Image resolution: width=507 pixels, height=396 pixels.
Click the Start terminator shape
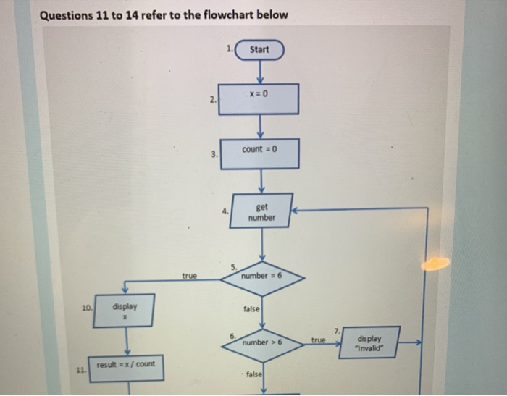tap(259, 49)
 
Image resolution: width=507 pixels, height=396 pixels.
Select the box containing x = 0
tap(259, 98)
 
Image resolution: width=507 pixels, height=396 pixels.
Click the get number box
tap(261, 212)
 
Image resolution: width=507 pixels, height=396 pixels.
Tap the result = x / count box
tap(126, 366)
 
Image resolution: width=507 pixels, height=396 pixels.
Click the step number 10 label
tap(86, 308)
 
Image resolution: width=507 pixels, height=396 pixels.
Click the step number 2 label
tap(211, 101)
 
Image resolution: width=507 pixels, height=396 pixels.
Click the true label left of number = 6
tap(189, 275)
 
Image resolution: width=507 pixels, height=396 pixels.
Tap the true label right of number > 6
tap(319, 339)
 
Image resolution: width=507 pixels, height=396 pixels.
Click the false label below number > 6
tap(253, 374)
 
